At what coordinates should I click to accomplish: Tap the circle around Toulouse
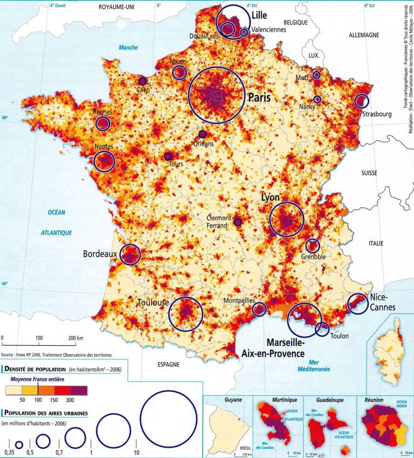pos(185,313)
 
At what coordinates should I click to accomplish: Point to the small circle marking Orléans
pos(202,134)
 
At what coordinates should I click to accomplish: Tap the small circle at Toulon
pos(322,329)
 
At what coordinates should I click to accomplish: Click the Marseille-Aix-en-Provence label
pos(286,348)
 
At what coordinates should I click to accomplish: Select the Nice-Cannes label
pos(383,302)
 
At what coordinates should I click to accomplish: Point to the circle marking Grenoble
pos(312,246)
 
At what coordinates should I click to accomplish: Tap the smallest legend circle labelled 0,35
pos(19,445)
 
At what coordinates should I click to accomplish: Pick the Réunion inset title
pos(374,400)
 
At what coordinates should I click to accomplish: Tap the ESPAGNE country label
pos(168,364)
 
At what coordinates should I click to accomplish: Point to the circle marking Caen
pos(142,81)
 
